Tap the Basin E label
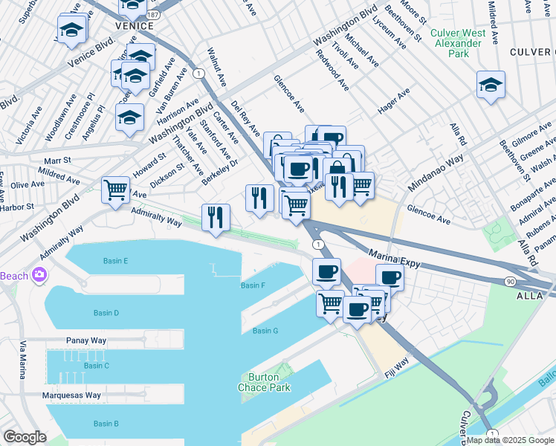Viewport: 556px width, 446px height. pos(115,261)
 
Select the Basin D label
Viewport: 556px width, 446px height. pos(106,313)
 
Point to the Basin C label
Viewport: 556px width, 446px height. pos(97,365)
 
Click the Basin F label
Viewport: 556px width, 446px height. pos(253,285)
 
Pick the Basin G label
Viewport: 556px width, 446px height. pos(265,331)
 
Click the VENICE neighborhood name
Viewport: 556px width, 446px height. pos(134,26)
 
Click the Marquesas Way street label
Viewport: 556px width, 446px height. pos(71,395)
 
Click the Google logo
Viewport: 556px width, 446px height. pos(25,436)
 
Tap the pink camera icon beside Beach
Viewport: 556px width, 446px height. pos(38,276)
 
